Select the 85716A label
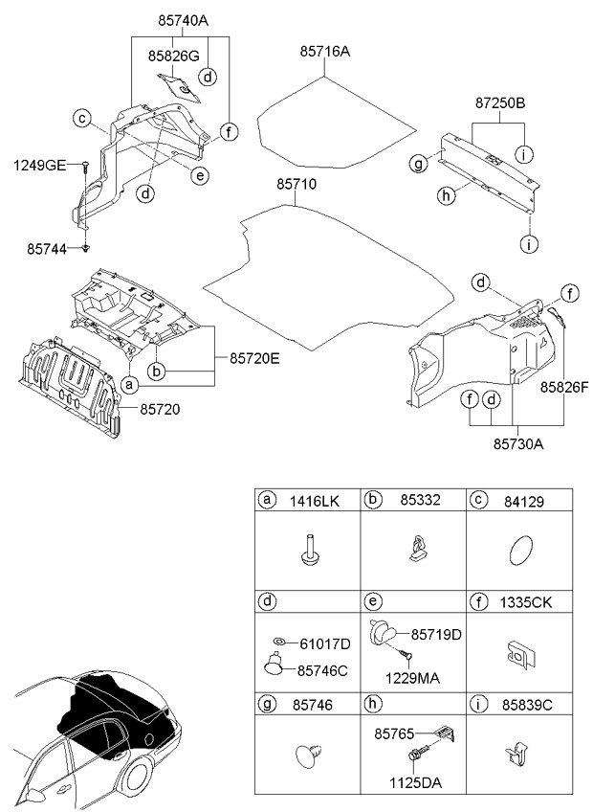coord(324,52)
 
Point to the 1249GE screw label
coord(39,166)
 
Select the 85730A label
coord(519,443)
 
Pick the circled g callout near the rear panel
coord(417,165)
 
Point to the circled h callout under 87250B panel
coord(444,195)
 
